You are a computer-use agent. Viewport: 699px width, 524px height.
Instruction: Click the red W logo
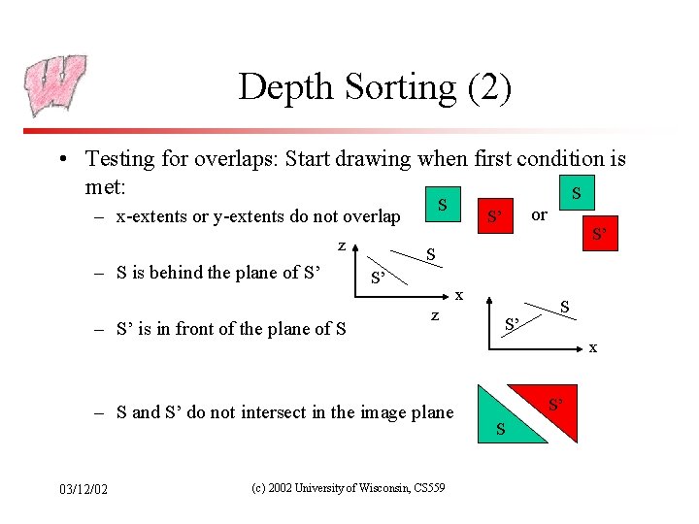[54, 84]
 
